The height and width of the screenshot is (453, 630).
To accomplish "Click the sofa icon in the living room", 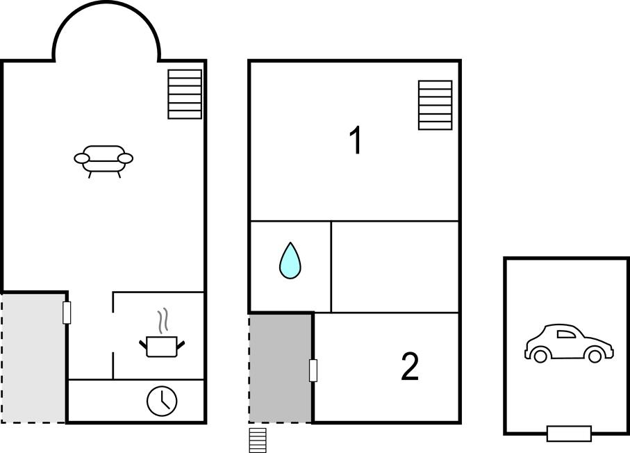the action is tap(103, 161).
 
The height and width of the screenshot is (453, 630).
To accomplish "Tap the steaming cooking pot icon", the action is tap(162, 333).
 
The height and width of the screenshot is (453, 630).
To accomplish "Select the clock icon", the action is tap(162, 401).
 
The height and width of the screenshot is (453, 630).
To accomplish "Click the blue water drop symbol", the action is tap(290, 261).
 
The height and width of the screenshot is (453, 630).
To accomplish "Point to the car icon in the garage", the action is tap(569, 343).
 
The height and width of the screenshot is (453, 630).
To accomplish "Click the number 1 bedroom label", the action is tap(356, 140).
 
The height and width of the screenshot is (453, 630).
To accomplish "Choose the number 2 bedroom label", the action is tap(411, 367).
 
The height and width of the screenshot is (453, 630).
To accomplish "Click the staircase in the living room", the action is tap(185, 94).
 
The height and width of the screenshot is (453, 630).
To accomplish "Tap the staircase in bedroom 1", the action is tap(435, 106).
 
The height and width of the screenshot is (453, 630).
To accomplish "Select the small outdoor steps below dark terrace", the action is tap(258, 440).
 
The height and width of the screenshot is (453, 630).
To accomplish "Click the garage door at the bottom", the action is tap(569, 434).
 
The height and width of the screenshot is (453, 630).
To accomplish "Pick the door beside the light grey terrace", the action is tap(67, 313).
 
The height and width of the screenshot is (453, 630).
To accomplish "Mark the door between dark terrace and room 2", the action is tap(313, 370).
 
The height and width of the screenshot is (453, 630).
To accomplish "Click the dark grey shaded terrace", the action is tap(281, 368).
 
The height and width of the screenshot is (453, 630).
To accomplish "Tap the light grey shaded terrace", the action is tap(33, 358).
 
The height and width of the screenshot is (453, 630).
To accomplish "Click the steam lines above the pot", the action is tap(163, 321).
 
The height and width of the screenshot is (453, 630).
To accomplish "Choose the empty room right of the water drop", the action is tap(395, 267).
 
